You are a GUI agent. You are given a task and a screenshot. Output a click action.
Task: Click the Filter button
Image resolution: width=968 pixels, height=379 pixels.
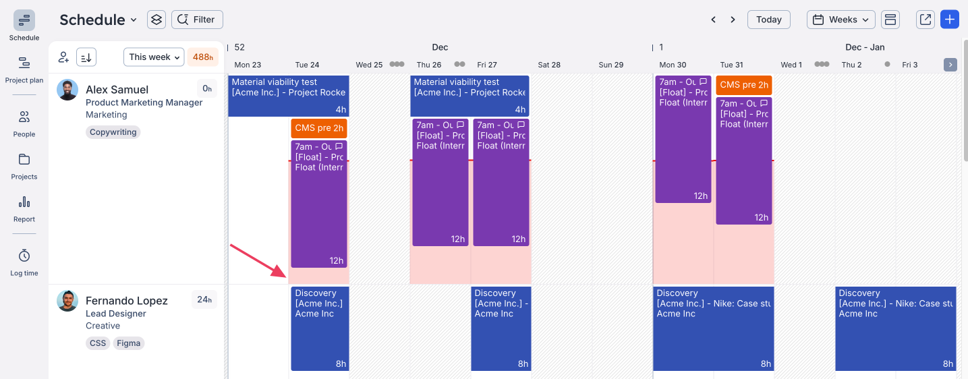197,20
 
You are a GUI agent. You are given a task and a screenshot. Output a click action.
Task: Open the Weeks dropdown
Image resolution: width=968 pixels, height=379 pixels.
841,20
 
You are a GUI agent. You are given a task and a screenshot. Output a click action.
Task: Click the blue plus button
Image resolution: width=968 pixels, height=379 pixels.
950,20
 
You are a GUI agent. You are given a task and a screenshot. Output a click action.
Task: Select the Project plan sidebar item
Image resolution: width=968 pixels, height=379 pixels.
24,69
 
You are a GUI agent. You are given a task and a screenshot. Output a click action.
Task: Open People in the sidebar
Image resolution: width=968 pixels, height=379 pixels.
24,123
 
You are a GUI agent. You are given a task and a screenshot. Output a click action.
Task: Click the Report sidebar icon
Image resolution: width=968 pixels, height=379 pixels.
24,208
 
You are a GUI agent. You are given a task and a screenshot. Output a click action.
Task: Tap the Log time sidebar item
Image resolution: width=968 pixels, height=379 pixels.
24,262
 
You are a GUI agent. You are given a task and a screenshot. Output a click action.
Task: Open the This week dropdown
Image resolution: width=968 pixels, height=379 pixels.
154,57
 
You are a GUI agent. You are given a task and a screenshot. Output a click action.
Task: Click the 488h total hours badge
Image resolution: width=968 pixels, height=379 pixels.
202,57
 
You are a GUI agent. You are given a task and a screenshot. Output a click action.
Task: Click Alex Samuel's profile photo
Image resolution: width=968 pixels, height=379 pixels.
67,90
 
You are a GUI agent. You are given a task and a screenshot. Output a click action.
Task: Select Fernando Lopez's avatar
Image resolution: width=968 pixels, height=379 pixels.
67,301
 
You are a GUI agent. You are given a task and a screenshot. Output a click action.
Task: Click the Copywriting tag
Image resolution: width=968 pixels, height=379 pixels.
113,132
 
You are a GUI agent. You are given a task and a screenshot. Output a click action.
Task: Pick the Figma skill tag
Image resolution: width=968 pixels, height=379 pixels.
128,343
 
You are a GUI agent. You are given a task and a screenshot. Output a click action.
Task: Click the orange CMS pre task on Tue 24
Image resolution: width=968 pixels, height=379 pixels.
319,128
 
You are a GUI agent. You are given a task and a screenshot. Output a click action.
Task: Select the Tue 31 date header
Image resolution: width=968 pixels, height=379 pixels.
731,65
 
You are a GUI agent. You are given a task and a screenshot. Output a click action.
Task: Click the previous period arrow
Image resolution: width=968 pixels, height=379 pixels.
713,20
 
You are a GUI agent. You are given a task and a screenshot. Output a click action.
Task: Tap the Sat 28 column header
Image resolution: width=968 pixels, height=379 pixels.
549,65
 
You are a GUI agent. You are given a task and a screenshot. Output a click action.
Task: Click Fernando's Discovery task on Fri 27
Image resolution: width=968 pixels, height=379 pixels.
501,328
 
